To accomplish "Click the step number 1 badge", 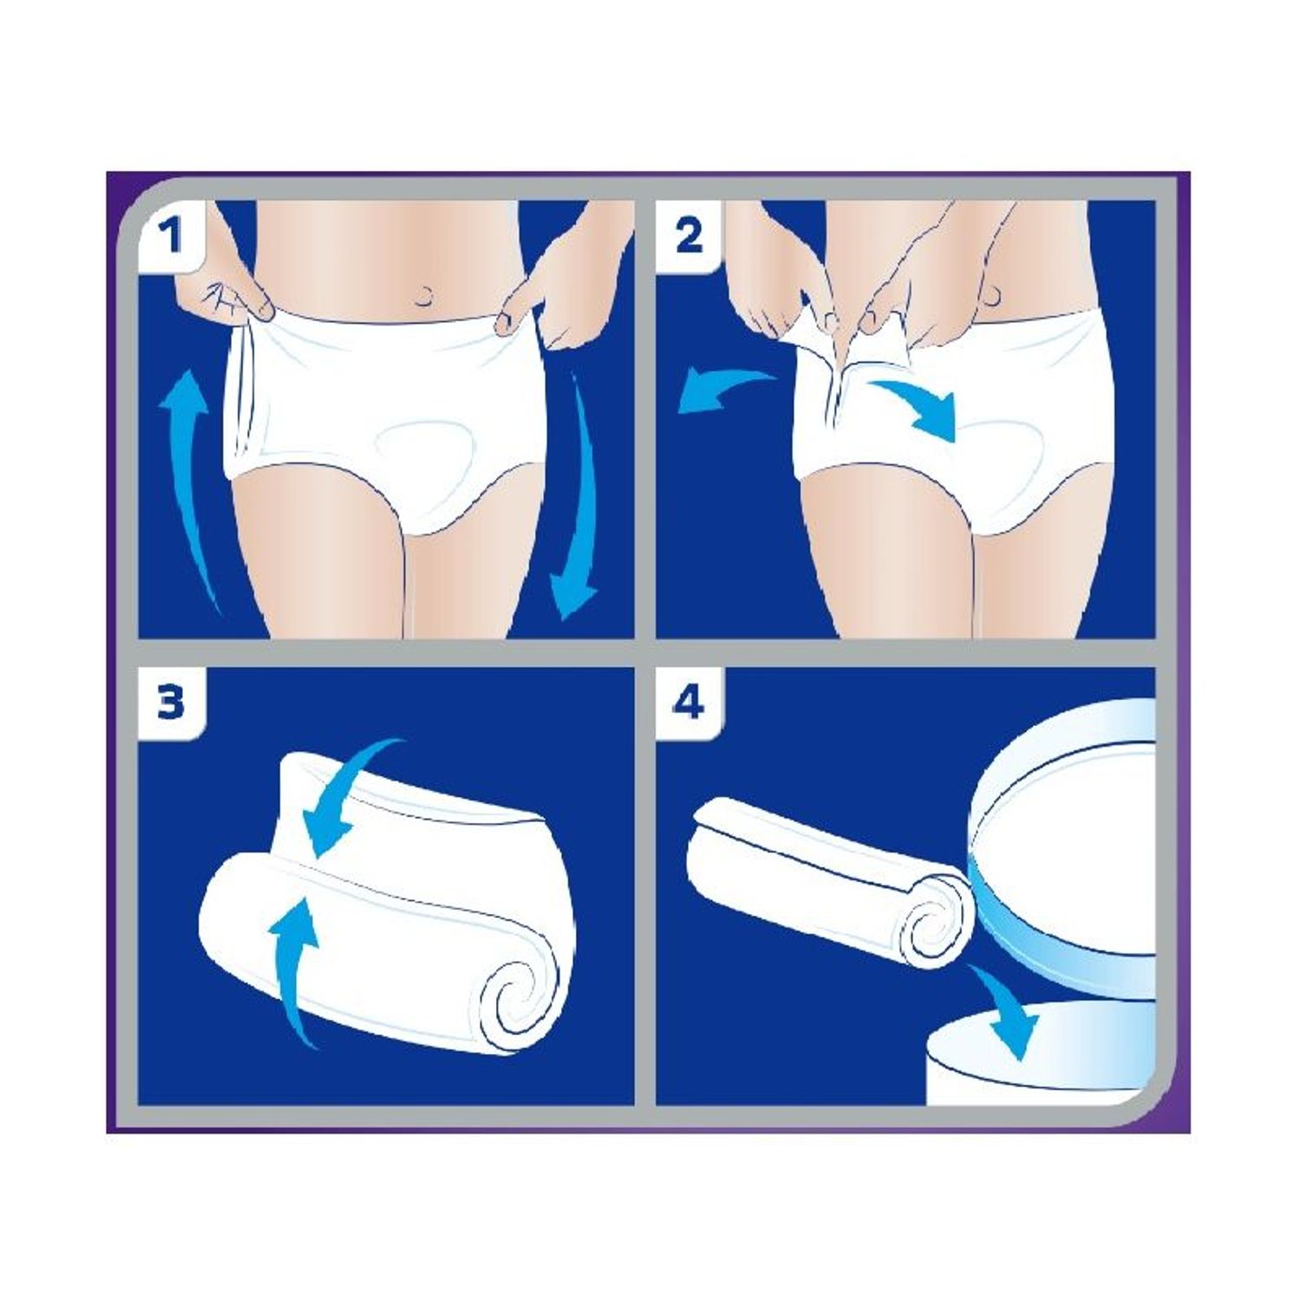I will pos(171,235).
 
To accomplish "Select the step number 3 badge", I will pos(171,702).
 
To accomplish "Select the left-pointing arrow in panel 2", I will pos(720,391).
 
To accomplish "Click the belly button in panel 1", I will pos(426,297).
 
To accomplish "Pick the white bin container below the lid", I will pos(1041,1071).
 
